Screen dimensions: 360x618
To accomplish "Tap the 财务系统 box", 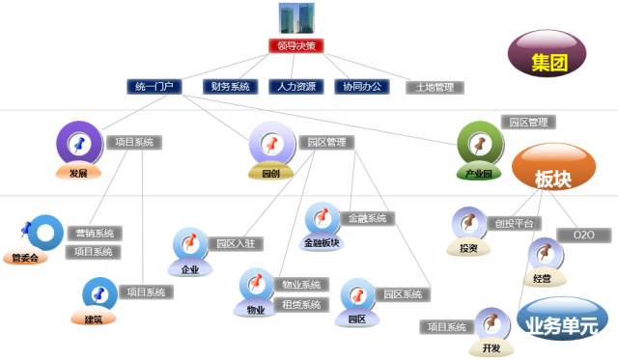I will pyautogui.click(x=231, y=86).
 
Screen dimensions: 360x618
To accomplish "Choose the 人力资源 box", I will pyautogui.click(x=293, y=86).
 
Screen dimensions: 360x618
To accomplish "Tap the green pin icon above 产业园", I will pyautogui.click(x=479, y=144).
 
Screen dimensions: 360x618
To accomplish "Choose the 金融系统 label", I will pyautogui.click(x=367, y=218).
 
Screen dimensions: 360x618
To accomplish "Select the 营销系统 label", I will pyautogui.click(x=94, y=233).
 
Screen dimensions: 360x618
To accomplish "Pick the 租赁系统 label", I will pyautogui.click(x=301, y=304).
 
